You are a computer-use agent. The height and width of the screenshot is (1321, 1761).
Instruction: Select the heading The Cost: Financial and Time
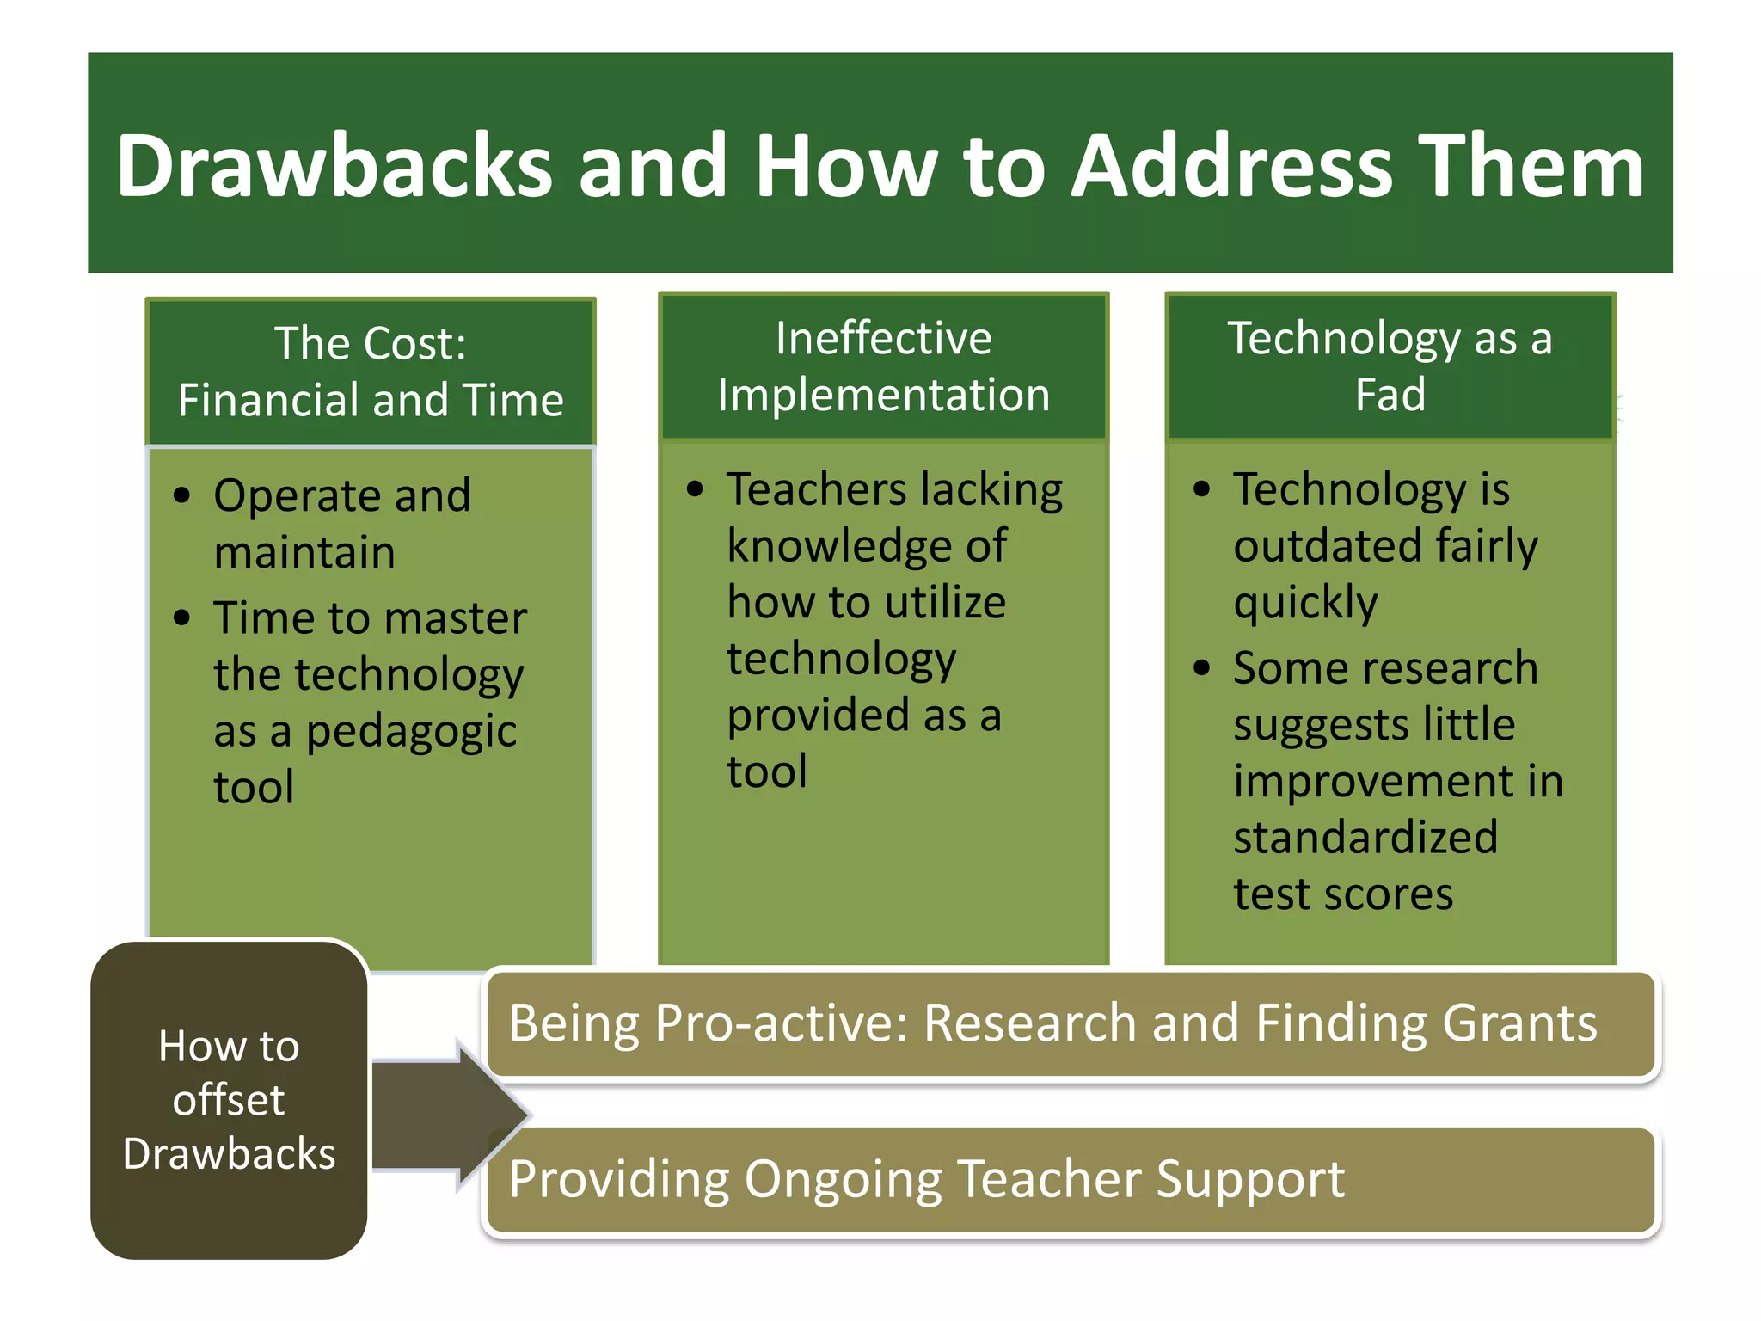(x=371, y=372)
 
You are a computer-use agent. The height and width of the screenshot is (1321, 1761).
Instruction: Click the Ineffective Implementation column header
(x=883, y=366)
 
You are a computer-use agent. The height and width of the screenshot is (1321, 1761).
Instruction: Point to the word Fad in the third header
(x=1390, y=395)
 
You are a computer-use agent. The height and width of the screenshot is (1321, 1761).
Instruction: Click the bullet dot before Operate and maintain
(x=181, y=495)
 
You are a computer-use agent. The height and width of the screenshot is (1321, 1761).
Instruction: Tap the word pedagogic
(x=411, y=732)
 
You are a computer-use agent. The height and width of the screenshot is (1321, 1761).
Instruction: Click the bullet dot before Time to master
(x=181, y=617)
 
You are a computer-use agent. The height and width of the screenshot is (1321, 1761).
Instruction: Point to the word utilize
(x=945, y=602)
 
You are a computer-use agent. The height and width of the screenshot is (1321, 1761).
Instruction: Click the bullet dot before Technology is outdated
(x=1201, y=489)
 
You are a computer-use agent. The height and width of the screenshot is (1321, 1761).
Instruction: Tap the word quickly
(x=1304, y=602)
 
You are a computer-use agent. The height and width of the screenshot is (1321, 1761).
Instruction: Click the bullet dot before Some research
(x=1201, y=668)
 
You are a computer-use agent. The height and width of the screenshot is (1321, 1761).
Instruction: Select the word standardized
(x=1365, y=837)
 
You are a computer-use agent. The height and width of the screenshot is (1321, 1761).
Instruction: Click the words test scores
(x=1342, y=894)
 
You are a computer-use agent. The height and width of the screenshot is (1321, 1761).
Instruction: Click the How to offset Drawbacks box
(x=229, y=1100)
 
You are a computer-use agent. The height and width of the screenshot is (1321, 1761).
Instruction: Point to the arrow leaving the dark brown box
(x=447, y=1115)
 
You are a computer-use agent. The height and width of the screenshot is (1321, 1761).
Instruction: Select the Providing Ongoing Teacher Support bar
(x=1070, y=1180)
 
